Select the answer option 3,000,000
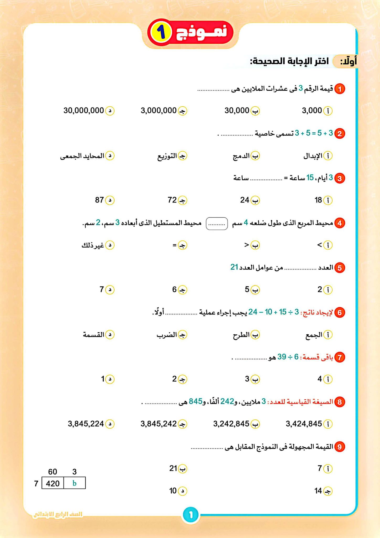tap(159, 111)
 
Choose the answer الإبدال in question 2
tap(313, 156)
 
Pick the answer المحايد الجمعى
tap(82, 156)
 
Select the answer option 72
tap(172, 200)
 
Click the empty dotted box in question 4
tap(217, 224)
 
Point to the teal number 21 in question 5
tap(234, 267)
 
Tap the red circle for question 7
tap(340, 357)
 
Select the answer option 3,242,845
tap(231, 424)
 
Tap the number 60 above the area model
tap(52, 472)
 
